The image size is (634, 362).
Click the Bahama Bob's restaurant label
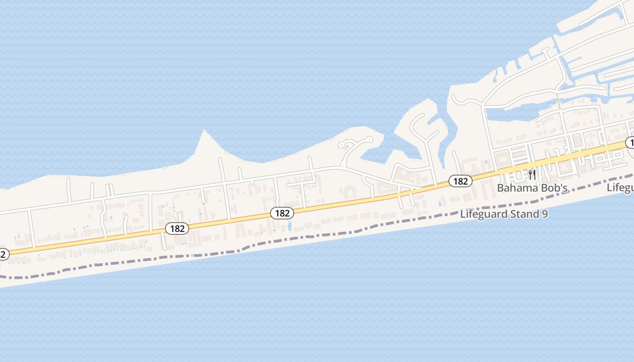[533, 188]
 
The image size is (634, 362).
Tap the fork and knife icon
[532, 174]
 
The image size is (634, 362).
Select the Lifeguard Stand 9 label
[504, 214]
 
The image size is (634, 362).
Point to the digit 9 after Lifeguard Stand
[544, 214]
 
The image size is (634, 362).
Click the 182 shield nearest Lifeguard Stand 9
[460, 181]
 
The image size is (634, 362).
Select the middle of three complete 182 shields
[282, 213]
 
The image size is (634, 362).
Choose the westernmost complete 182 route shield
[177, 229]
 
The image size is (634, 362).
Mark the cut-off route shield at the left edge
[3, 254]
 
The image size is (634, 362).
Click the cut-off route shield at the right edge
[630, 143]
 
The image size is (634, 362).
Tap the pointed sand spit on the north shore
[204, 136]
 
